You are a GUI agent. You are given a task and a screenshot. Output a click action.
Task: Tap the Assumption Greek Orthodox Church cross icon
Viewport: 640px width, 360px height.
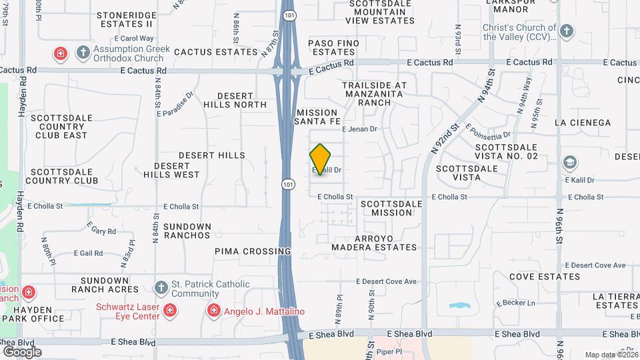click(x=83, y=52)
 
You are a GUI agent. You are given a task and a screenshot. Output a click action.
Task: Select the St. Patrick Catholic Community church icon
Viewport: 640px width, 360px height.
click(x=160, y=287)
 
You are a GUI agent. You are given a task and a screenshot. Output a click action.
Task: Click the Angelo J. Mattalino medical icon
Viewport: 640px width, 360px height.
click(x=213, y=310)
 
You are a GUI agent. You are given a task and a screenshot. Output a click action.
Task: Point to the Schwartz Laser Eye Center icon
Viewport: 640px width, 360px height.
click(x=171, y=310)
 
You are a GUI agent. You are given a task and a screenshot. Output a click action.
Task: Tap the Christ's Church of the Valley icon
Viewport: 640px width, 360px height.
click(x=566, y=31)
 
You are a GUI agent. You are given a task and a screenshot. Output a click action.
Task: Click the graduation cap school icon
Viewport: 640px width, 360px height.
click(x=570, y=162)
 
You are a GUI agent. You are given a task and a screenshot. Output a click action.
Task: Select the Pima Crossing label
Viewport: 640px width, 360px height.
click(x=253, y=251)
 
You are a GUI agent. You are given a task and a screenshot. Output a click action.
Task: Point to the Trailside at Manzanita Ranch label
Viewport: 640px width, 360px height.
click(x=374, y=94)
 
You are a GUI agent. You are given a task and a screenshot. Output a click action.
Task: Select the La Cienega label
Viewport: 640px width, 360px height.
click(x=582, y=123)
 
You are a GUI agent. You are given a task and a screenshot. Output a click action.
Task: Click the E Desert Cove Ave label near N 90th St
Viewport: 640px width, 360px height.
click(x=386, y=281)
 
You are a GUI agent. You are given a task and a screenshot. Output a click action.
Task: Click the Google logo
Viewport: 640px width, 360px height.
click(x=22, y=351)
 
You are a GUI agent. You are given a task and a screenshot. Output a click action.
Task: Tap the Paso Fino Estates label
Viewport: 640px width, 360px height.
click(x=334, y=47)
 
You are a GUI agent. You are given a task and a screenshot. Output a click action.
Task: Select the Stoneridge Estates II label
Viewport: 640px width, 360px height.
click(x=125, y=18)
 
